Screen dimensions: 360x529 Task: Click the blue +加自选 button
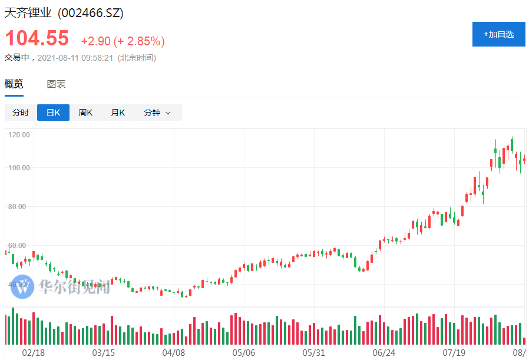[498, 34]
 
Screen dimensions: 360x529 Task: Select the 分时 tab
[21, 113]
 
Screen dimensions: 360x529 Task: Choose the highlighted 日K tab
[53, 113]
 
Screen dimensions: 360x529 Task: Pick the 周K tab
[85, 113]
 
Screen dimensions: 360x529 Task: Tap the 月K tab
[118, 113]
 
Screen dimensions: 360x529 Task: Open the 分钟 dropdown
[157, 113]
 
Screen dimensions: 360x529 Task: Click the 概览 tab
[14, 84]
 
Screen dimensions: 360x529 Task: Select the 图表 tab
[57, 84]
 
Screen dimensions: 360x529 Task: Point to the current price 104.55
[37, 39]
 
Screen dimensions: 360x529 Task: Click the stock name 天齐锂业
[28, 13]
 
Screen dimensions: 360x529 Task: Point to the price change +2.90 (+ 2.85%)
[123, 41]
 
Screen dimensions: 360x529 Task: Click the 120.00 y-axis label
[19, 135]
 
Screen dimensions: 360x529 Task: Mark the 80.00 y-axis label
[19, 207]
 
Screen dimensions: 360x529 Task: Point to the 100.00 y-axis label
[19, 168]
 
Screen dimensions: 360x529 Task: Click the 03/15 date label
[104, 352]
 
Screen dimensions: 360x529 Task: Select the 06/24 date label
[384, 352]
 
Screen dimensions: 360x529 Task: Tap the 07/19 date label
[454, 352]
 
